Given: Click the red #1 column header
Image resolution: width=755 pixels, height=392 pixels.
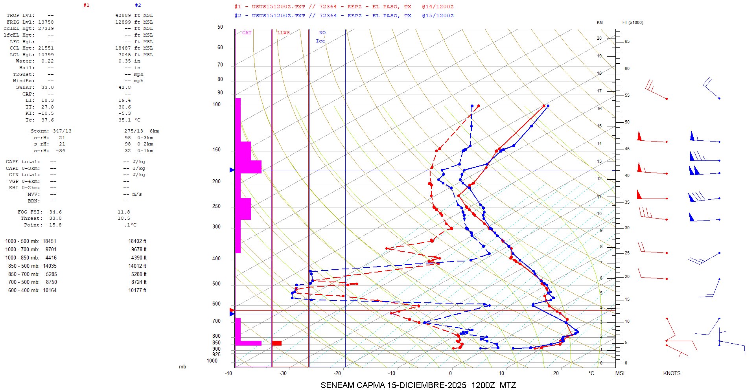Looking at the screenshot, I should pyautogui.click(x=87, y=6).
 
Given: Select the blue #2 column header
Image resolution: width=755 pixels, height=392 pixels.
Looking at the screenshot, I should pyautogui.click(x=138, y=6).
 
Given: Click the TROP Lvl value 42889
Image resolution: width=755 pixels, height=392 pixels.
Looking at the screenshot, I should pyautogui.click(x=123, y=15).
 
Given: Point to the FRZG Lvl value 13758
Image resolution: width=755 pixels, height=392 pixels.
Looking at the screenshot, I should pyautogui.click(x=46, y=22).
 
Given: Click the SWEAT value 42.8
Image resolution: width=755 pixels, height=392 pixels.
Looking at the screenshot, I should pyautogui.click(x=125, y=87).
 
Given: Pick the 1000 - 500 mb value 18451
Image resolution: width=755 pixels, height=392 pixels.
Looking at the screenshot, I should pyautogui.click(x=50, y=241).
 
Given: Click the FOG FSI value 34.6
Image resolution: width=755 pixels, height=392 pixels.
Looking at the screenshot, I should pyautogui.click(x=55, y=212).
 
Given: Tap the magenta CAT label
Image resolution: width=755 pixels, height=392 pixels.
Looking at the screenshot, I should pyautogui.click(x=247, y=33).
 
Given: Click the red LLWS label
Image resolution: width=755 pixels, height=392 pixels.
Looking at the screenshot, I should pyautogui.click(x=283, y=33).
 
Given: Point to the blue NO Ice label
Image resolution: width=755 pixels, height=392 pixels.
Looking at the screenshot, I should pyautogui.click(x=321, y=37).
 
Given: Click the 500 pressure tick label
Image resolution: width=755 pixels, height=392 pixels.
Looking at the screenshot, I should pyautogui.click(x=216, y=284).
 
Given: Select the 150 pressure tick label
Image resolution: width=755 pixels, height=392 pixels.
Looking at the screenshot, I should pyautogui.click(x=216, y=150).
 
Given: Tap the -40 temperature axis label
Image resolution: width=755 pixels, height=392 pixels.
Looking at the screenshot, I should pyautogui.click(x=228, y=373).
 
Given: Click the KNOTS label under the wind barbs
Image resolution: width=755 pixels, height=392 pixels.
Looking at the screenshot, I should pyautogui.click(x=672, y=373).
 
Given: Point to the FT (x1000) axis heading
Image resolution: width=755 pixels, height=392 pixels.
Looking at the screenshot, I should pyautogui.click(x=633, y=22).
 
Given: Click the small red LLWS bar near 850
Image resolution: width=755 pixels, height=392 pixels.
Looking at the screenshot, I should pyautogui.click(x=277, y=343).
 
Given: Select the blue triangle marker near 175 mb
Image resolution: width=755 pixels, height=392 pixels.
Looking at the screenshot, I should pyautogui.click(x=232, y=170).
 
